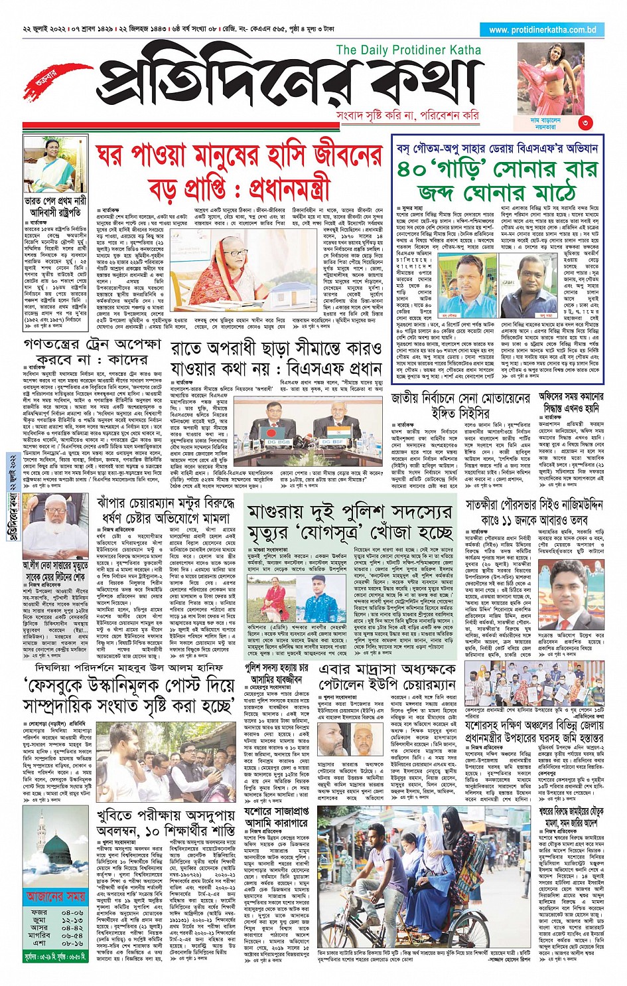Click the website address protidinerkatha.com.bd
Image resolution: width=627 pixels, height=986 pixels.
(x=542, y=30)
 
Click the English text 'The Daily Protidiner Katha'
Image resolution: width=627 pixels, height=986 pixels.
(x=409, y=50)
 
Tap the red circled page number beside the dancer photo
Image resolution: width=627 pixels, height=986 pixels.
(x=585, y=122)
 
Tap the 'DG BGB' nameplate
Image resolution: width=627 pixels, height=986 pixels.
(x=278, y=423)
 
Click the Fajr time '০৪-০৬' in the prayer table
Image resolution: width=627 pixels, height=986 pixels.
(x=72, y=913)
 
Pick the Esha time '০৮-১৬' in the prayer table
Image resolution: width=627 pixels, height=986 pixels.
(x=72, y=943)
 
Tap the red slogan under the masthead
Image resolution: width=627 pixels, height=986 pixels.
(x=407, y=116)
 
